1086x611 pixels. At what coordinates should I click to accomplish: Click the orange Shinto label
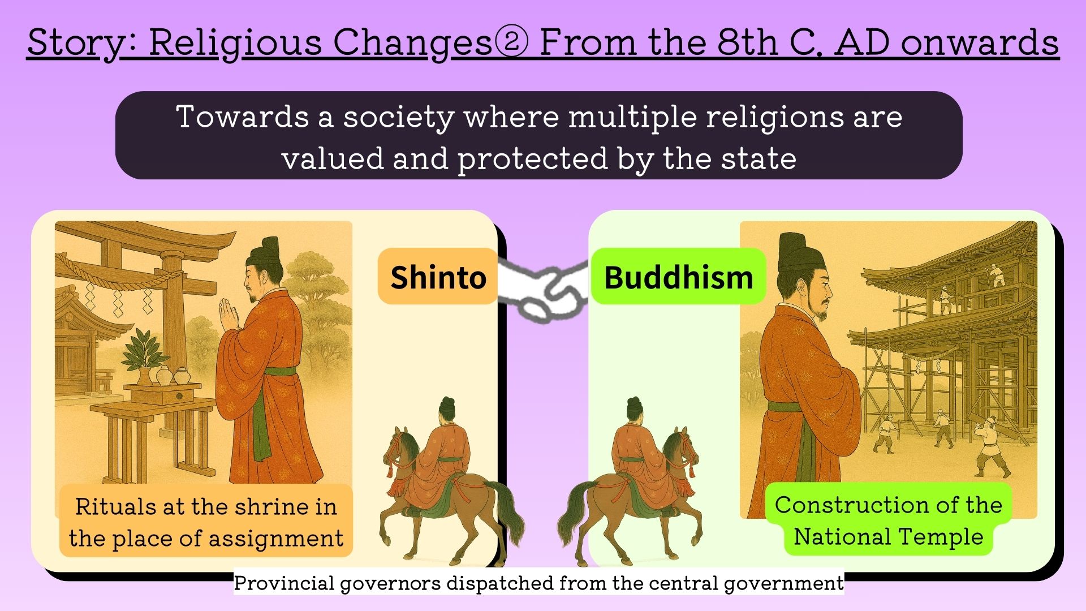pyautogui.click(x=438, y=276)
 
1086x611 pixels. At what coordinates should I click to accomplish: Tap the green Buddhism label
pyautogui.click(x=678, y=276)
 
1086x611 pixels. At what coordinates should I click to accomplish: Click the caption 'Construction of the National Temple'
pyautogui.click(x=888, y=520)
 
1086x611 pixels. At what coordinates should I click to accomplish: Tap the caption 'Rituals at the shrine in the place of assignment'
pyautogui.click(x=206, y=521)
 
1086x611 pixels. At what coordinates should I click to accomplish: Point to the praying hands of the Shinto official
pyautogui.click(x=229, y=315)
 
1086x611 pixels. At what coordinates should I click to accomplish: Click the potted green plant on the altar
pyautogui.click(x=144, y=354)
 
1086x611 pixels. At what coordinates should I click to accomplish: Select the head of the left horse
pyautogui.click(x=399, y=447)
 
